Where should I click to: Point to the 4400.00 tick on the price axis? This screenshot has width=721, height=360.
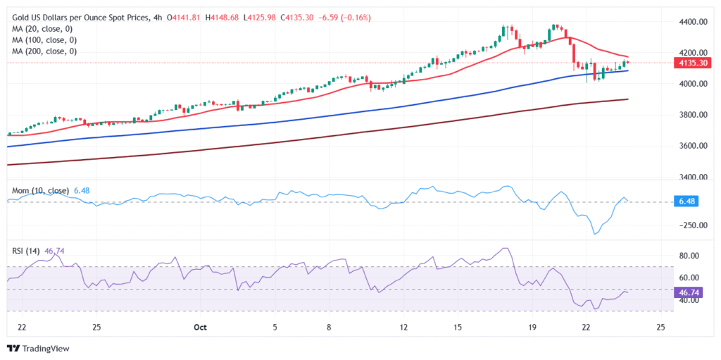coord(689,22)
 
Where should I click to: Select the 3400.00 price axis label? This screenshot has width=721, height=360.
coord(689,177)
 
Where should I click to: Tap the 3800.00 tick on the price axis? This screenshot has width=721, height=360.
coord(689,115)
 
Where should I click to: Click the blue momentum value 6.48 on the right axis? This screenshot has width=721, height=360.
coord(686,202)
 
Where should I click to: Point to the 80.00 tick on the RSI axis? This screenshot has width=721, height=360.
coord(689,256)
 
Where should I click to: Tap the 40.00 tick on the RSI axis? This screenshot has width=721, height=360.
coord(689,301)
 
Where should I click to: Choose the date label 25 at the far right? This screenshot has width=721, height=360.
coord(660,328)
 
